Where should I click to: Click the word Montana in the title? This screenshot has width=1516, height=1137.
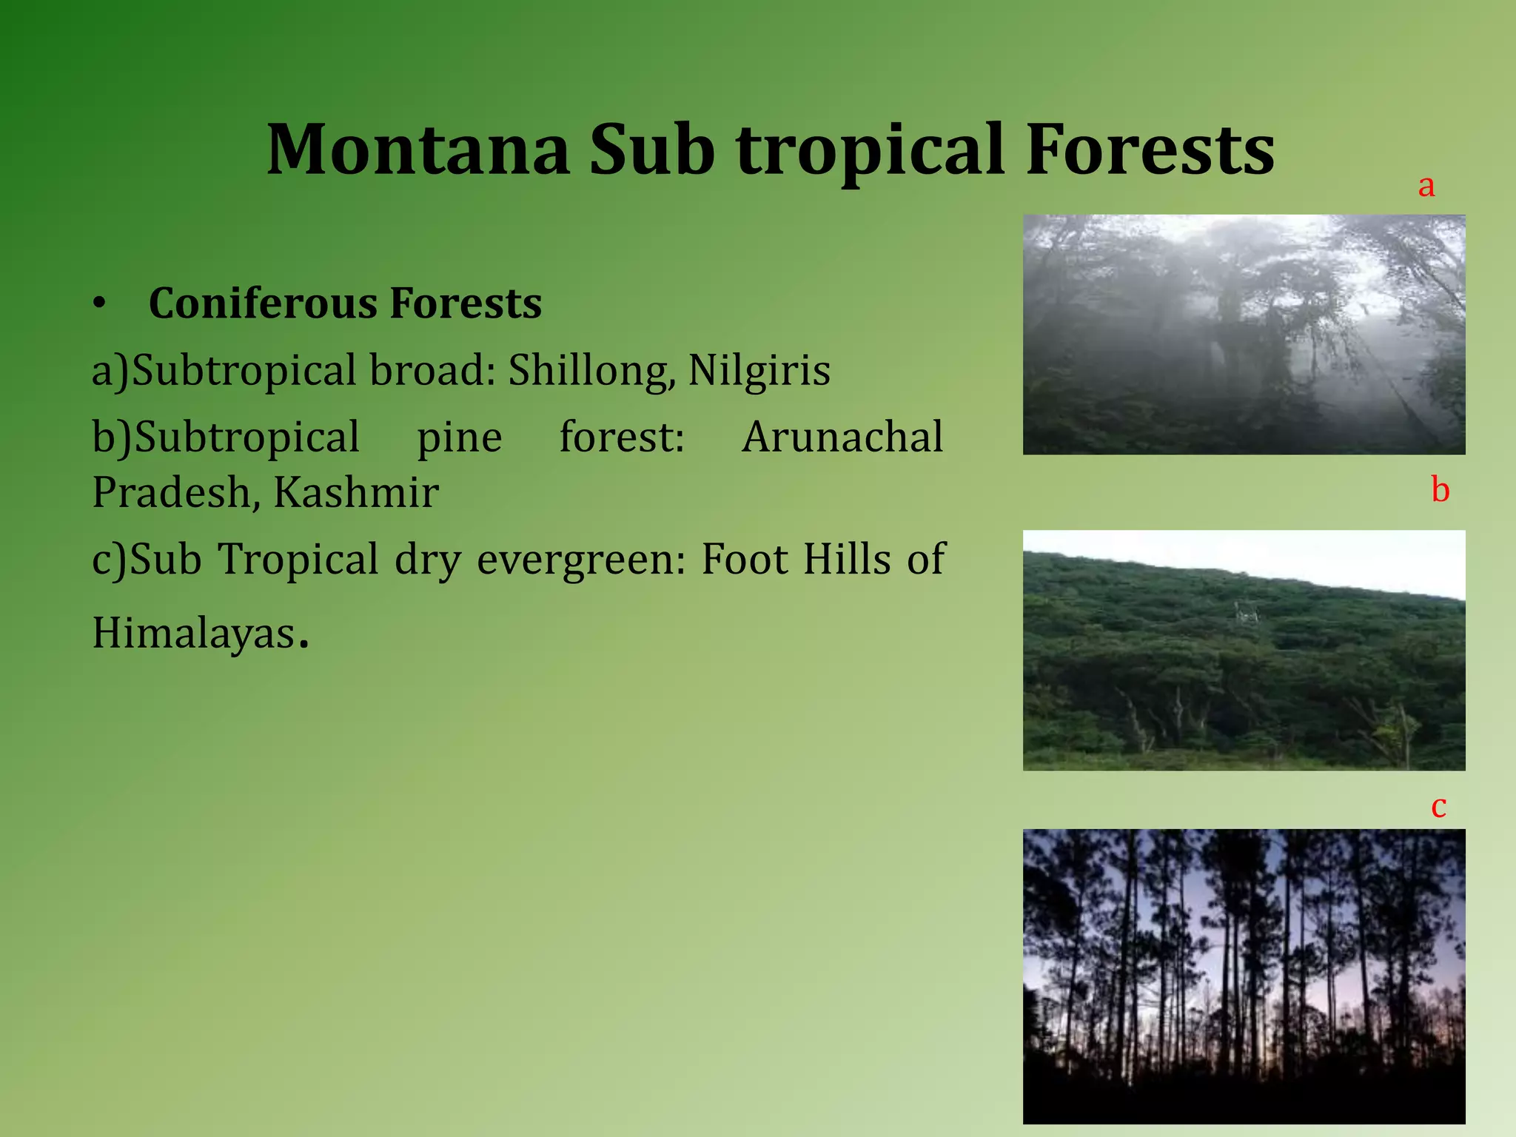pyautogui.click(x=418, y=150)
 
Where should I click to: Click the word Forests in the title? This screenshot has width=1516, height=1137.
pyautogui.click(x=1150, y=150)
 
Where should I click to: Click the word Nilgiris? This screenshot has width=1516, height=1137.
pyautogui.click(x=759, y=370)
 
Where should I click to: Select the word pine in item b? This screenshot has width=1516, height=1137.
pyautogui.click(x=459, y=437)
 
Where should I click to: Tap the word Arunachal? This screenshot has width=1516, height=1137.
pyautogui.click(x=842, y=437)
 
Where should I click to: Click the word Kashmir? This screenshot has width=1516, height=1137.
pyautogui.click(x=356, y=492)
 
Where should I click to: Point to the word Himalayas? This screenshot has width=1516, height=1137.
pyautogui.click(x=194, y=634)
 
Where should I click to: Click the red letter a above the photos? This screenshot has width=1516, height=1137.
pyautogui.click(x=1426, y=186)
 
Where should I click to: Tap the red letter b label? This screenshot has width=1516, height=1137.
pyautogui.click(x=1440, y=490)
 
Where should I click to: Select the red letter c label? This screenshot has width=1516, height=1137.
pyautogui.click(x=1438, y=806)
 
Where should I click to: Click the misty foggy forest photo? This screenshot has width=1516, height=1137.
pyautogui.click(x=1244, y=335)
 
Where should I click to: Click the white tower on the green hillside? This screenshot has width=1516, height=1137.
pyautogui.click(x=1244, y=614)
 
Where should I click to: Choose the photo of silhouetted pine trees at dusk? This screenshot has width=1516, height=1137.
pyautogui.click(x=1244, y=976)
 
